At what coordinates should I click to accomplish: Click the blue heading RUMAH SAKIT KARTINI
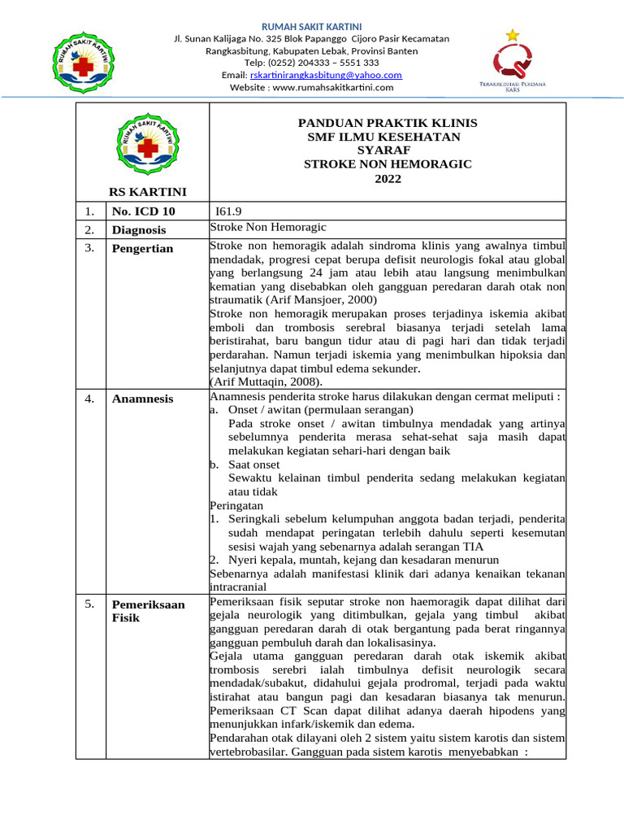click(311, 27)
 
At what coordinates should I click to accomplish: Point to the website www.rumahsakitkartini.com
click(311, 87)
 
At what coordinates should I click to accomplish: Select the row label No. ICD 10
click(143, 212)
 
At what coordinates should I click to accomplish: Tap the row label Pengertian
click(142, 248)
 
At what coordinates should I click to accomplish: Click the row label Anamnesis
click(142, 398)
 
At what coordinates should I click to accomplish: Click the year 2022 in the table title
click(388, 178)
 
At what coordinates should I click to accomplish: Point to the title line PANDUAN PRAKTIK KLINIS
click(388, 123)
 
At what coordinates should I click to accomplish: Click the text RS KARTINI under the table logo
click(148, 192)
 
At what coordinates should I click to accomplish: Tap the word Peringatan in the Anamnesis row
click(236, 505)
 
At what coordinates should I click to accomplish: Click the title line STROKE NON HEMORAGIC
click(388, 164)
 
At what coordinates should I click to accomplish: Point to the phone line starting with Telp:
click(311, 63)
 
